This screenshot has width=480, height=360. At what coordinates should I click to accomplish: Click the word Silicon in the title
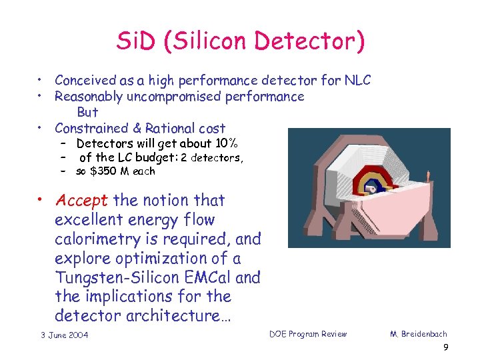click(x=224, y=42)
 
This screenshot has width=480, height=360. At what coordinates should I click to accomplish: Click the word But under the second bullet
click(x=87, y=112)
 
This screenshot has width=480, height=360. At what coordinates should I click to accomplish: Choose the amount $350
click(x=105, y=171)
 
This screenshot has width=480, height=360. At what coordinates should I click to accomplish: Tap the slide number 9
click(x=445, y=348)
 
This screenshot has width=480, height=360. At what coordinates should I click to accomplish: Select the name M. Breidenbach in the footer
click(x=419, y=334)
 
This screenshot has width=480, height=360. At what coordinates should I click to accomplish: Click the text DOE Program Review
click(x=308, y=334)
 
